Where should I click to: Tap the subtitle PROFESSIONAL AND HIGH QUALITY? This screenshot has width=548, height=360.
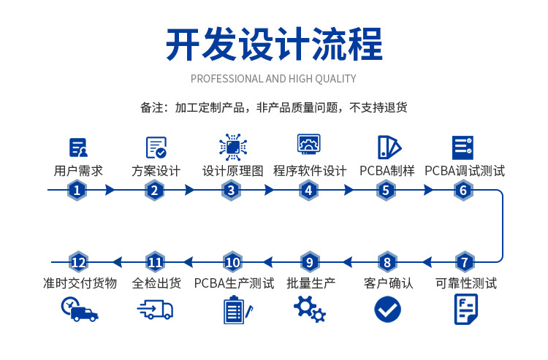pos(273,79)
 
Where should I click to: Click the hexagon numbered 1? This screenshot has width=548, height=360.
pos(78,191)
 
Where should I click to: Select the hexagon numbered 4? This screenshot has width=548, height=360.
pos(308,191)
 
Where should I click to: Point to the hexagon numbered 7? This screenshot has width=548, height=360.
pos(463,262)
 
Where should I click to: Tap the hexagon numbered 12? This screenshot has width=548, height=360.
pos(78,262)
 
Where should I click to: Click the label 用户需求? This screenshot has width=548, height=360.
pos(78,171)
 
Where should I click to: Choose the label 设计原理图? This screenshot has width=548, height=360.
pos(232,171)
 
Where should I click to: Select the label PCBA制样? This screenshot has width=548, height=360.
pos(387,171)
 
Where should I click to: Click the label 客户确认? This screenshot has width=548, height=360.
pos(388,283)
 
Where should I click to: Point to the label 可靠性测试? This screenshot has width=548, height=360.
pos(465,283)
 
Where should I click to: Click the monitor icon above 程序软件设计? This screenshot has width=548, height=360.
pos(310,145)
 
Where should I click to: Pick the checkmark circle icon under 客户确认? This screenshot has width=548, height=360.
pos(387,309)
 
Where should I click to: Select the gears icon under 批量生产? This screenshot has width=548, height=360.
pos(310,310)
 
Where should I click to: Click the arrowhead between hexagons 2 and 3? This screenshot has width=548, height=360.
pos(190,191)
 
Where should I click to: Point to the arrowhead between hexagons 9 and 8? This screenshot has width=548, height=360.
pos(346,262)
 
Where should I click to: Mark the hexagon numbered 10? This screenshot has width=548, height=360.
pos(232,262)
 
